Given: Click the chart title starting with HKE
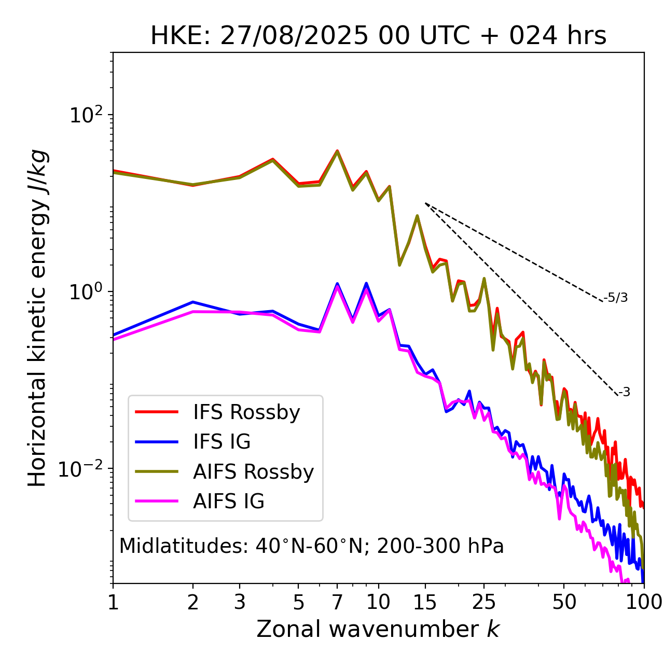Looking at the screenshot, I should (x=378, y=36).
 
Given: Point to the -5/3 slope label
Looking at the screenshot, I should (x=616, y=298).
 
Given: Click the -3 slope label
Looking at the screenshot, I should (x=624, y=393).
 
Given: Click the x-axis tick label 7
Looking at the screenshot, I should (x=337, y=602).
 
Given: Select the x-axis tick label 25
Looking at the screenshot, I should (x=484, y=602).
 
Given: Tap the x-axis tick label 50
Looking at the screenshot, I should (x=564, y=602).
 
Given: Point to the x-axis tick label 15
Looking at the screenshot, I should (x=425, y=602).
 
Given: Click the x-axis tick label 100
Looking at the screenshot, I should (x=643, y=602).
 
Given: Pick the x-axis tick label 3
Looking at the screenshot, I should (x=240, y=602).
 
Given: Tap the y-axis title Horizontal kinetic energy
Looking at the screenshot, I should (x=37, y=318).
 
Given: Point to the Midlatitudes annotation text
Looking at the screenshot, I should (x=311, y=546).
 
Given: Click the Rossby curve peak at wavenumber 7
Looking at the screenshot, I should (x=337, y=151).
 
